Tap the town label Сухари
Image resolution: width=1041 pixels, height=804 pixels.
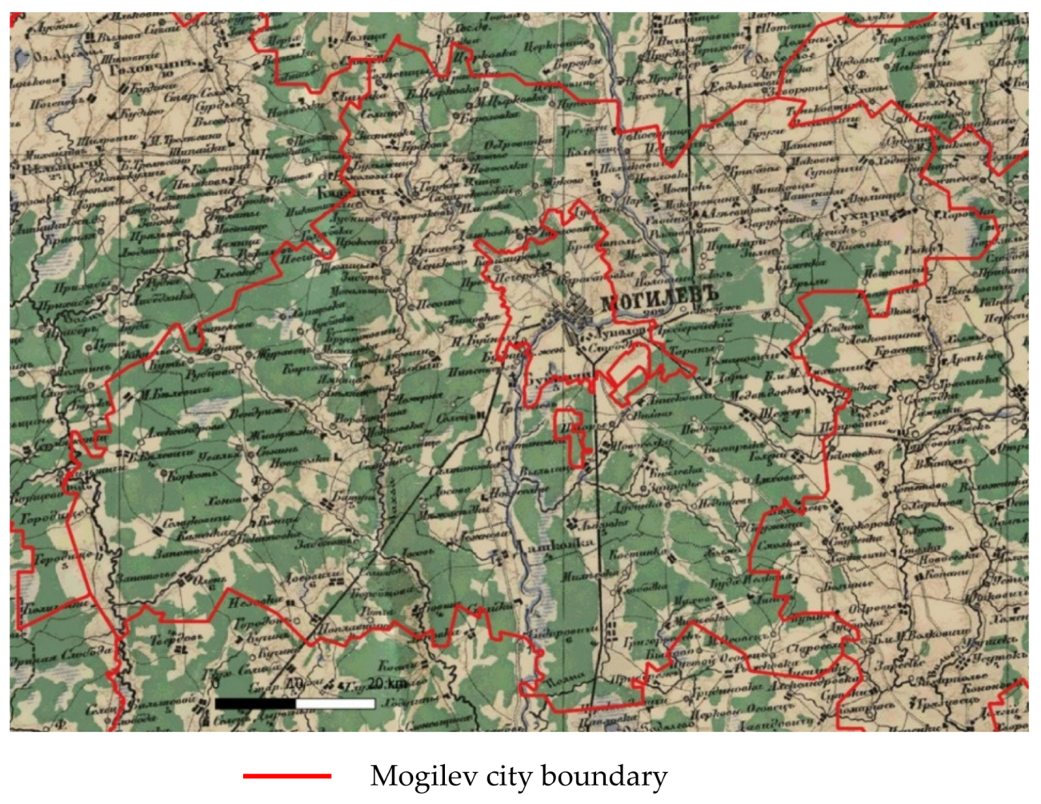(x=860, y=214)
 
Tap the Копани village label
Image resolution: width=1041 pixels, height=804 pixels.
(x=948, y=574)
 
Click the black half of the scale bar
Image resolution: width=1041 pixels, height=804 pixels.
(x=255, y=703)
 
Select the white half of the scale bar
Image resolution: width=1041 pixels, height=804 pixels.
(x=335, y=703)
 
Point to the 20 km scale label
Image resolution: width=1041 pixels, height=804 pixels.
(x=386, y=684)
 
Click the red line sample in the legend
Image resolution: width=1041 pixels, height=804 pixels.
(x=287, y=776)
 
